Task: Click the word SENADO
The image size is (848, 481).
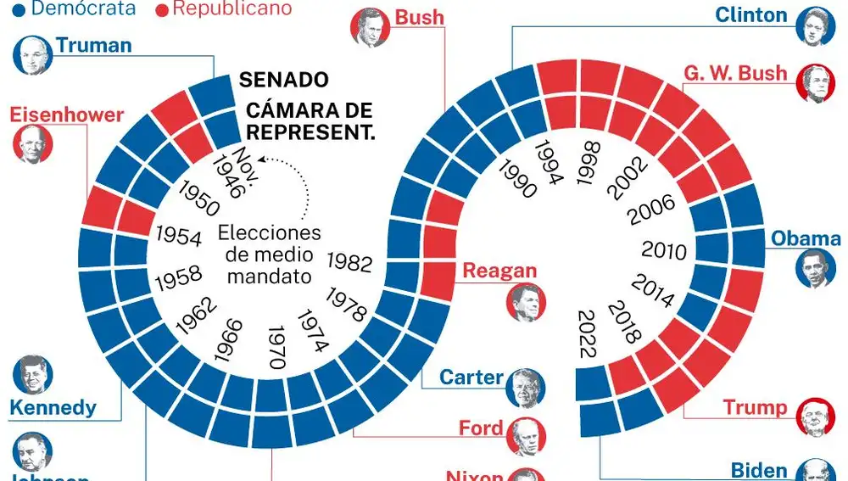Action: click(x=283, y=81)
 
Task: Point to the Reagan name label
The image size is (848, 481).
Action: click(x=499, y=271)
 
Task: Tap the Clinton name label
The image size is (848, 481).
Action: click(x=751, y=14)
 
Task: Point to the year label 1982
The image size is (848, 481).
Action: click(x=349, y=262)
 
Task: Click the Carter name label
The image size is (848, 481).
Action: click(x=471, y=377)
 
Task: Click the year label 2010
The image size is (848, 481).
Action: click(x=664, y=250)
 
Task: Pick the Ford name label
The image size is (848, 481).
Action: click(x=481, y=428)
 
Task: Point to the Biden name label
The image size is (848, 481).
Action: click(x=760, y=470)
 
